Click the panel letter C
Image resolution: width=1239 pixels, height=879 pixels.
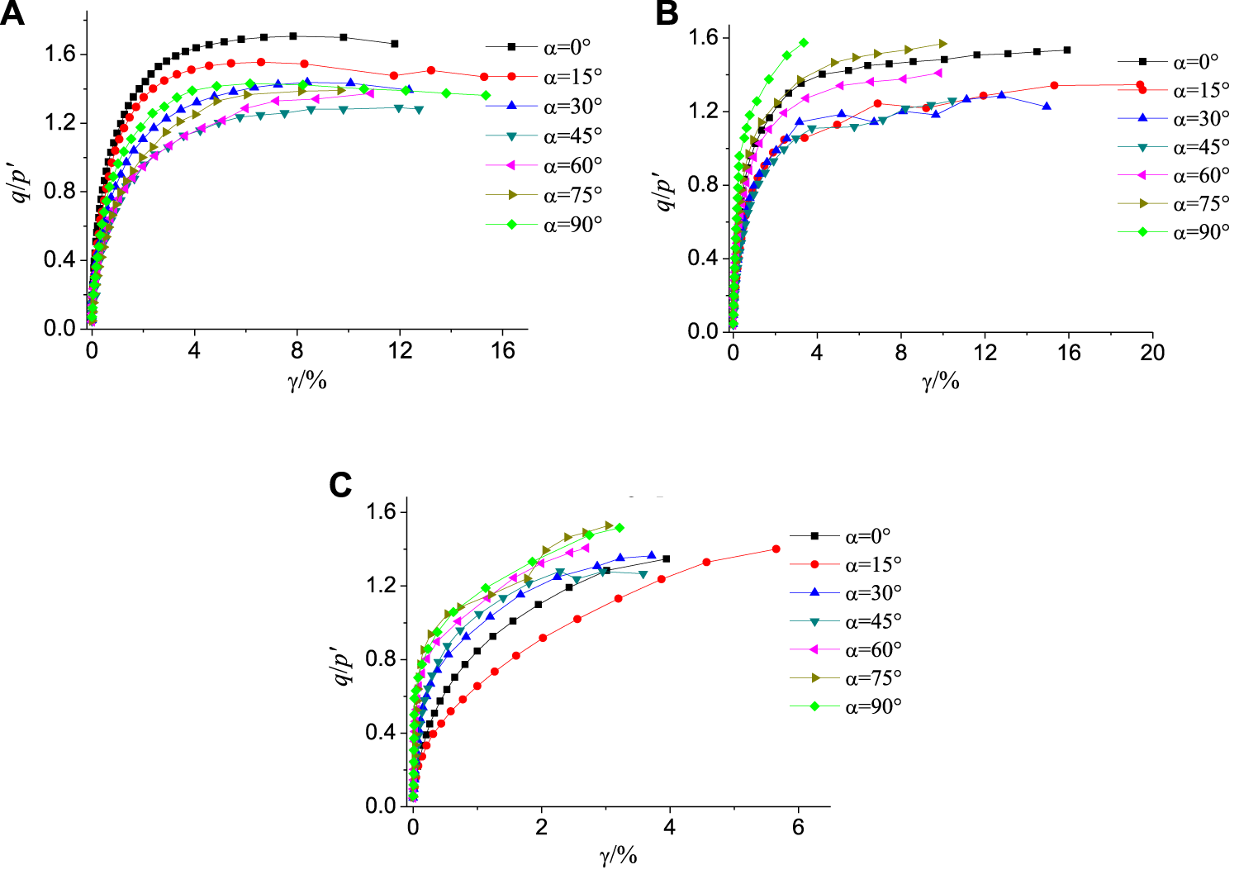(x=340, y=485)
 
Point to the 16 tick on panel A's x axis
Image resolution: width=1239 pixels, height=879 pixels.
(x=502, y=350)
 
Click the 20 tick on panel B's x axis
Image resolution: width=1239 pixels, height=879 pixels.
(x=1152, y=354)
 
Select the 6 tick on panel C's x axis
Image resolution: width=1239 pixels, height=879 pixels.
(x=798, y=828)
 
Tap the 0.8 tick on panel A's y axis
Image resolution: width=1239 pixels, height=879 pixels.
(x=59, y=191)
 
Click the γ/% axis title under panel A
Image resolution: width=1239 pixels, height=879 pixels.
(x=307, y=380)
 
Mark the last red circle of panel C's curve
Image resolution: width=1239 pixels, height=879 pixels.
(x=776, y=549)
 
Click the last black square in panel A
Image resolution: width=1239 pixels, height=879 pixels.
(x=394, y=44)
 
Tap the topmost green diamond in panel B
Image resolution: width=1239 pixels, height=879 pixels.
(x=804, y=42)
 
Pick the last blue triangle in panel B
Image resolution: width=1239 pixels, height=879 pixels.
(x=1047, y=107)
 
